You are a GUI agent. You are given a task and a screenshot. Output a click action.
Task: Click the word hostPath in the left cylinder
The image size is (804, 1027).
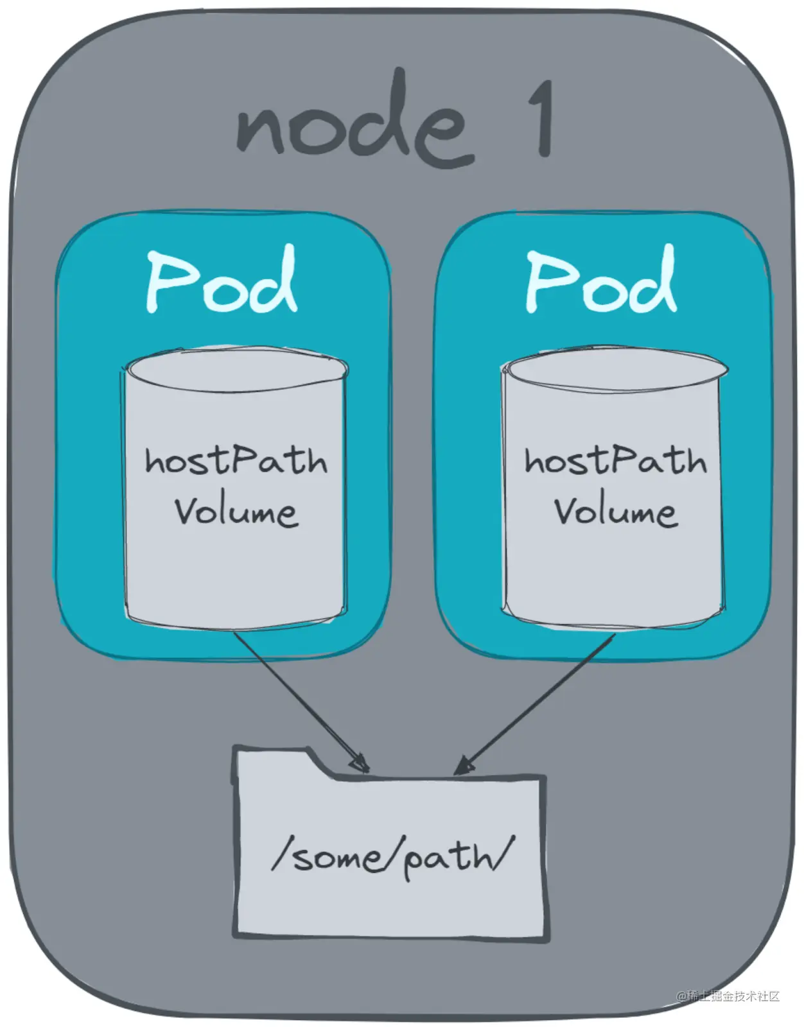236,460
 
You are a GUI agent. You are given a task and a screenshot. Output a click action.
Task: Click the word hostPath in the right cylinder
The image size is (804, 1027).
615,460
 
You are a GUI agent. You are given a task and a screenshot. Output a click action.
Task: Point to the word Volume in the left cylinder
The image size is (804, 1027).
236,512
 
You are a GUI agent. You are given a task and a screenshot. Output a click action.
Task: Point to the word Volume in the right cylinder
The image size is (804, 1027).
615,512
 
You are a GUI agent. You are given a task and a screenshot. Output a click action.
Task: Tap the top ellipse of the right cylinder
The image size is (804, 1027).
615,370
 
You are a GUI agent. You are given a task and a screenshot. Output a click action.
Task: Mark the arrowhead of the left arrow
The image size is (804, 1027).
360,764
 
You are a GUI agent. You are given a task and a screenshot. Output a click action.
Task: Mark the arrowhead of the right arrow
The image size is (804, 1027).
464,765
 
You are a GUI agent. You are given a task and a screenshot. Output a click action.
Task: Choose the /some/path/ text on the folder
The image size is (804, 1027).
393,857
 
